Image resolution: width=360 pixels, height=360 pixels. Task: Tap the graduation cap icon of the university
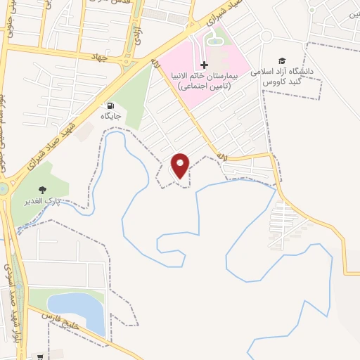(x=282, y=62)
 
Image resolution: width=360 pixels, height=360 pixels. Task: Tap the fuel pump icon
(x=110, y=105)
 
